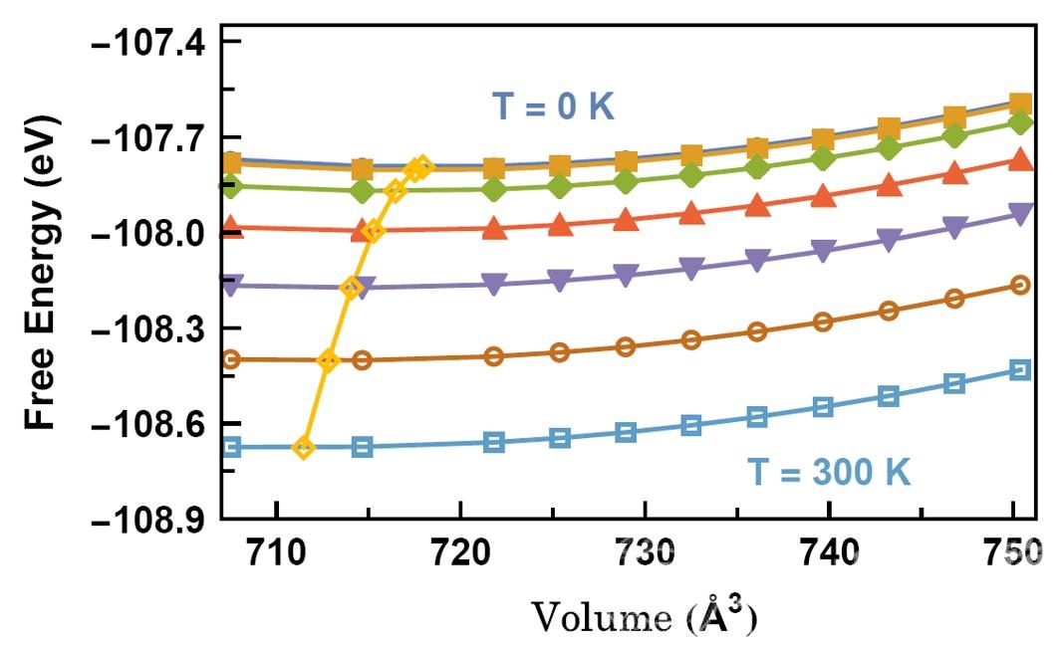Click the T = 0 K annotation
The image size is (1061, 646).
click(x=554, y=107)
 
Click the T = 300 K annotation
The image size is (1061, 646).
click(x=829, y=470)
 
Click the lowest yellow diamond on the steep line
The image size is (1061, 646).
click(x=304, y=448)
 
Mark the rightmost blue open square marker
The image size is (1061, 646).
click(x=1019, y=370)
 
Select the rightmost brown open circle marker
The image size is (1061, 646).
click(x=1019, y=286)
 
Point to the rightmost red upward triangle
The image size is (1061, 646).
click(x=1019, y=160)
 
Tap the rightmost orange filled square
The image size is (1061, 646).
click(x=1019, y=104)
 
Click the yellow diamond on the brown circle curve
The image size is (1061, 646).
click(x=328, y=360)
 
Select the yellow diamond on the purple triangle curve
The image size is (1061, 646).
click(x=351, y=288)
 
